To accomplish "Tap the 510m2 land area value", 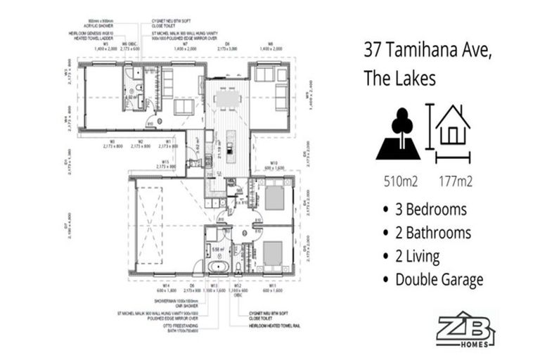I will [400, 181].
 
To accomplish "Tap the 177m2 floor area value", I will [454, 181].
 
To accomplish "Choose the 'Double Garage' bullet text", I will [439, 280].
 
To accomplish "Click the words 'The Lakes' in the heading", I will [399, 78].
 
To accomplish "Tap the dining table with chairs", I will [227, 99].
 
